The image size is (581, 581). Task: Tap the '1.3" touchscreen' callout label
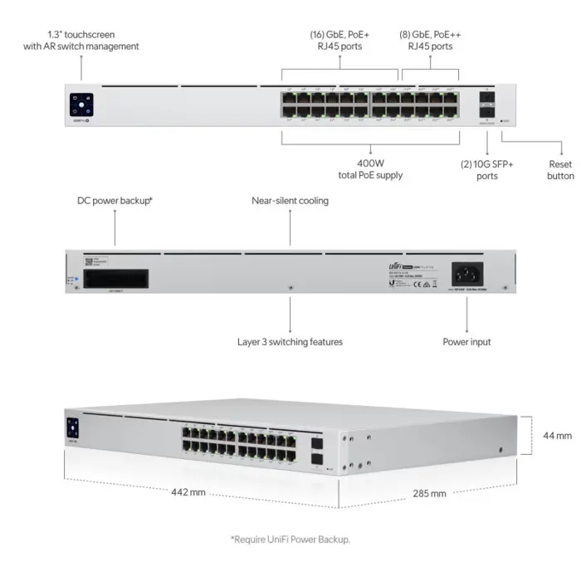[x=81, y=41]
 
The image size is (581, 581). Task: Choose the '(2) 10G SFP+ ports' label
[x=487, y=170]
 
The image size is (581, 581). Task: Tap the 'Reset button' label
[x=560, y=170]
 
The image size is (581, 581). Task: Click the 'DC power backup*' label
[x=115, y=201]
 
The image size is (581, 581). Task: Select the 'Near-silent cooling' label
[x=290, y=201]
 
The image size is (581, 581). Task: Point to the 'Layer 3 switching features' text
[x=290, y=341]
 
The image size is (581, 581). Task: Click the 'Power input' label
[x=466, y=341]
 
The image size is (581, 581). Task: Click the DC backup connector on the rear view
[x=115, y=277]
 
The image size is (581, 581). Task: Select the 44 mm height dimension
[x=558, y=435]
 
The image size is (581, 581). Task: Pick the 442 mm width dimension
[x=188, y=491]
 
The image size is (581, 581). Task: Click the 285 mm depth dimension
[x=429, y=493]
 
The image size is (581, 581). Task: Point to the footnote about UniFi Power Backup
[x=290, y=539]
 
